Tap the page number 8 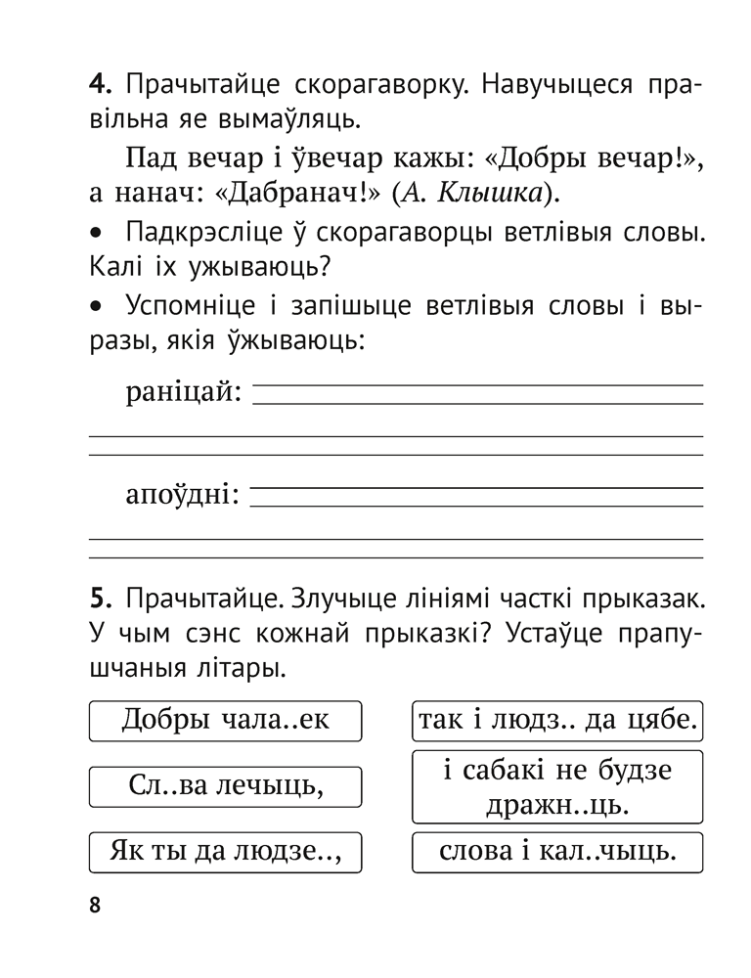95,905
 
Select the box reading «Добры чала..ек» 225,722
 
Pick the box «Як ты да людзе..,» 225,851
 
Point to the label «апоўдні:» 183,495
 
